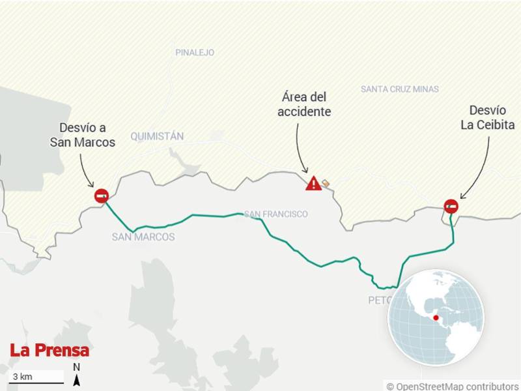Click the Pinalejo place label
[195, 52]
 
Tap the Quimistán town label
[157, 136]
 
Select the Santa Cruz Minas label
[400, 89]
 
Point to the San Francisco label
[275, 214]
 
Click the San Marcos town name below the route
[143, 237]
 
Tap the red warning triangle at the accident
[313, 184]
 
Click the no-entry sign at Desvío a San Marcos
[102, 195]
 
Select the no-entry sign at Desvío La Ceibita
[451, 207]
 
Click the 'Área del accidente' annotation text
[304, 104]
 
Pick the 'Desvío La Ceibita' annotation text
[488, 117]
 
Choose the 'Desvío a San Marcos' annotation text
[82, 135]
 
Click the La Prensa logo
[49, 350]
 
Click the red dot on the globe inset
[436, 318]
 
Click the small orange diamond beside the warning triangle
[326, 183]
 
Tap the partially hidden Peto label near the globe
[378, 300]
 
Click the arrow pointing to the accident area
[300, 149]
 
